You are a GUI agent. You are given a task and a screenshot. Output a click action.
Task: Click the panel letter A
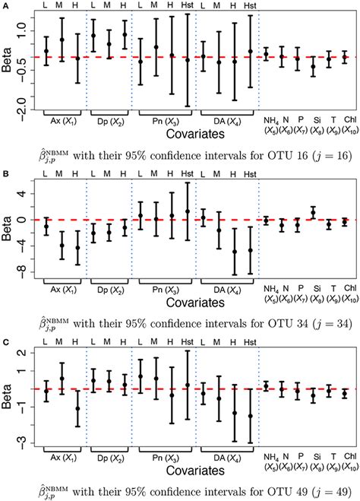(5, 5)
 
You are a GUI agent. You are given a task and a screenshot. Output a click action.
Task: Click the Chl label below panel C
(345, 455)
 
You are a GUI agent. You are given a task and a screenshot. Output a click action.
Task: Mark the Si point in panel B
(312, 212)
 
